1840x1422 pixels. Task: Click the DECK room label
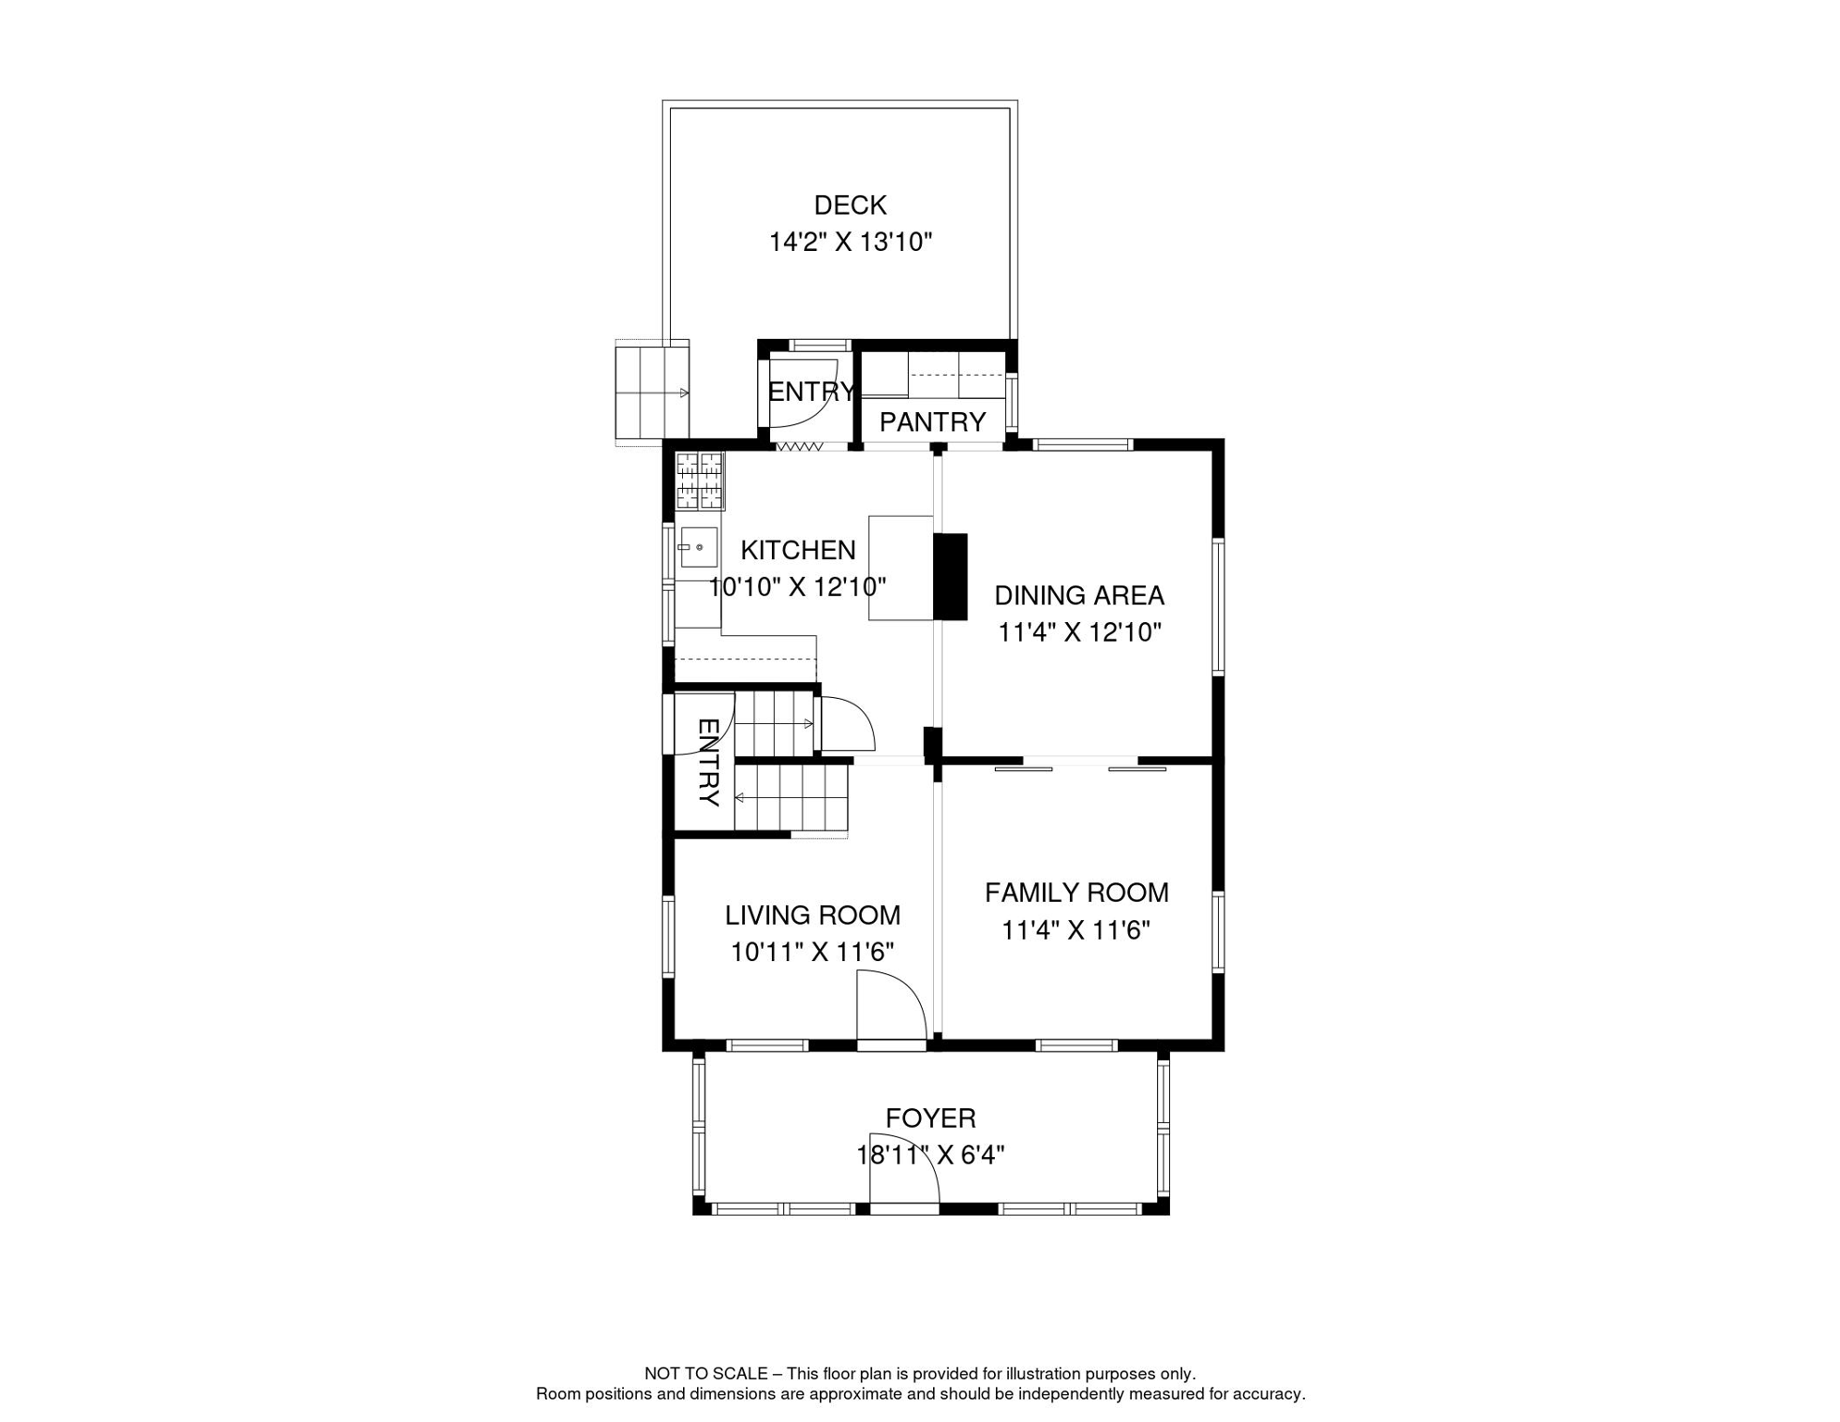click(850, 205)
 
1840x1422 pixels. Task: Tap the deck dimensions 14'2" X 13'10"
click(850, 243)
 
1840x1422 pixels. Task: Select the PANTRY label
click(932, 422)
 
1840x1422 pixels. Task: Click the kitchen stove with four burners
click(699, 480)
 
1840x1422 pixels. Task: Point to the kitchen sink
click(698, 547)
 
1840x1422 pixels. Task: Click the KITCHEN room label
click(798, 550)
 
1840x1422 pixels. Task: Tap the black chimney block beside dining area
click(950, 577)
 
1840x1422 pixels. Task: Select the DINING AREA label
click(1078, 595)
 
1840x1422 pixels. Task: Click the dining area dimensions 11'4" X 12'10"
click(1078, 632)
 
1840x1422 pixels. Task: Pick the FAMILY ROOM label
click(1076, 892)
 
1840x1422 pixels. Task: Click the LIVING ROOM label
click(812, 915)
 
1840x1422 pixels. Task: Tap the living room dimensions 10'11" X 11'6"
click(812, 952)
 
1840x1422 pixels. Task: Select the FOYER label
click(930, 1118)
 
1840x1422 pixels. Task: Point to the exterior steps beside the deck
click(652, 393)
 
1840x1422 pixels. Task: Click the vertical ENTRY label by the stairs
click(708, 762)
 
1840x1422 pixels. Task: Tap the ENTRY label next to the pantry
click(811, 392)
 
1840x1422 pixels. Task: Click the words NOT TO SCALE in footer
click(705, 1374)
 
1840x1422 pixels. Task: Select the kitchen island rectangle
click(900, 568)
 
